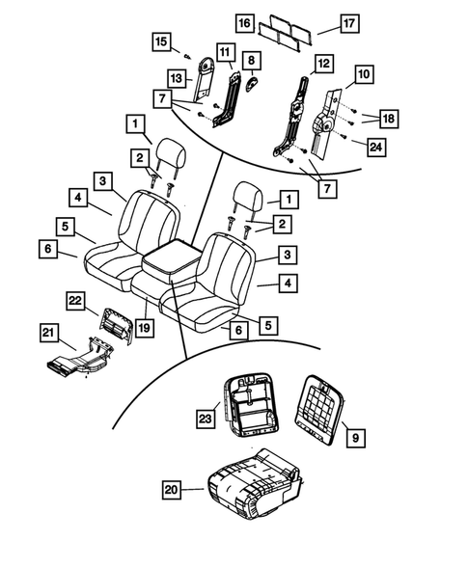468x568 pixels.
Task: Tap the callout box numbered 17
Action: (x=324, y=22)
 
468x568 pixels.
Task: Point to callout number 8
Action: (x=252, y=61)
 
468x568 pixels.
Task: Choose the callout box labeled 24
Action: (x=375, y=148)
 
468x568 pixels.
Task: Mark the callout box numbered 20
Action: (x=171, y=490)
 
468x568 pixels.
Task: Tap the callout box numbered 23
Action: (x=206, y=419)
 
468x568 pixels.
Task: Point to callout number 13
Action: (x=177, y=77)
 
